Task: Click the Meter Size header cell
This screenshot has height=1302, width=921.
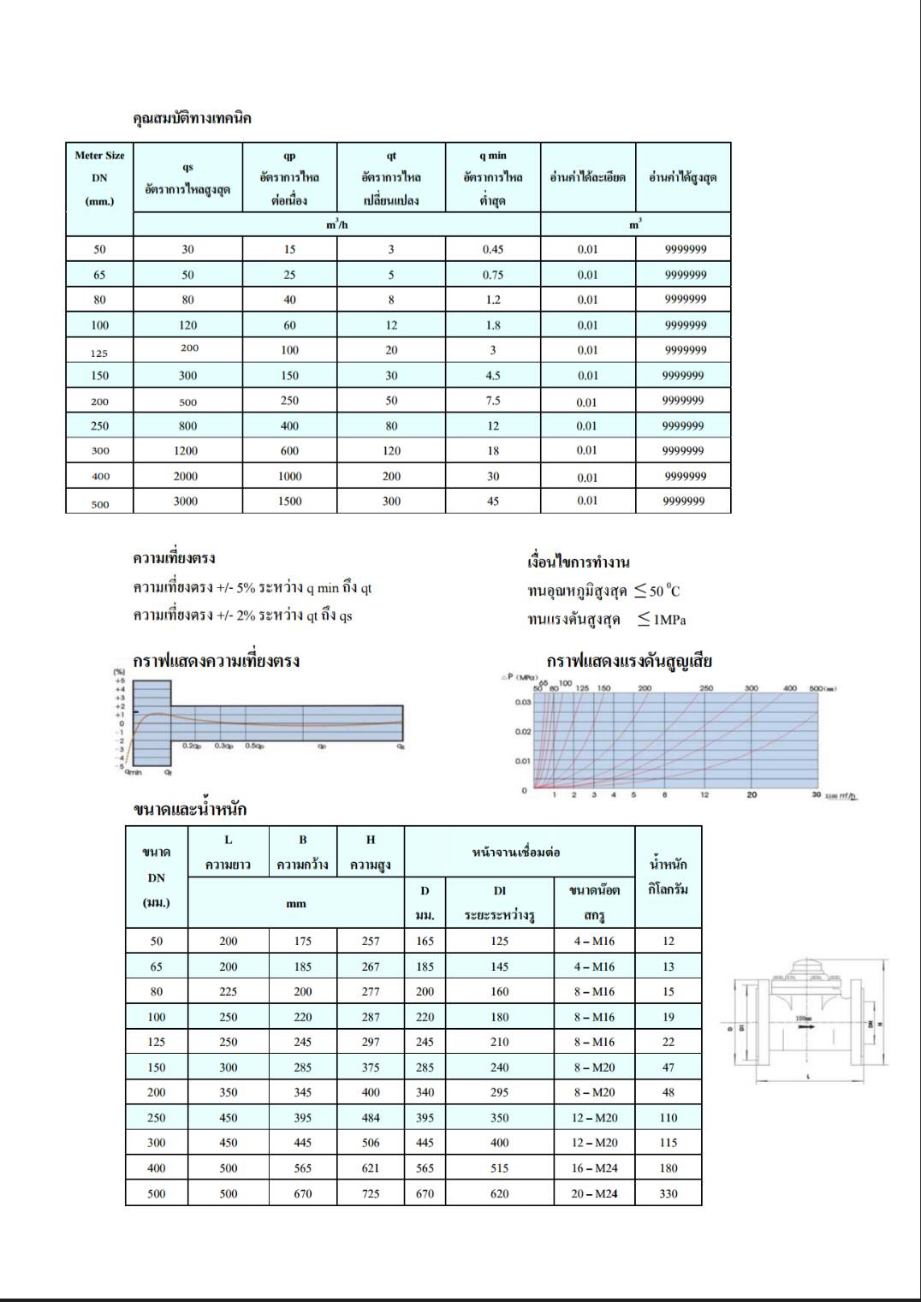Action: (99, 177)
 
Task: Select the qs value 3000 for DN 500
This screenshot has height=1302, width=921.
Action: (186, 501)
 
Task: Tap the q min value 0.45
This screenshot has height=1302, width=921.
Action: (492, 249)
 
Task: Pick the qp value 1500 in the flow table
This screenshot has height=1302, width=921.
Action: (289, 501)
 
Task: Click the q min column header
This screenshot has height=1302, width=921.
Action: (492, 177)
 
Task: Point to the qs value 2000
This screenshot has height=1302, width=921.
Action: (186, 476)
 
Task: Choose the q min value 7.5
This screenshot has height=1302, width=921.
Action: (492, 401)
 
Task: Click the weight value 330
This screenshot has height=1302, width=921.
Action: (668, 1193)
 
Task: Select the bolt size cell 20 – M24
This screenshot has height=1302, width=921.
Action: (594, 1193)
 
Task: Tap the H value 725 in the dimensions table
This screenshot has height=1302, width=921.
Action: (371, 1193)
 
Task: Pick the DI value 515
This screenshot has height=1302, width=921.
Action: (500, 1168)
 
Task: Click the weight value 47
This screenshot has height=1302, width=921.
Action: (668, 1067)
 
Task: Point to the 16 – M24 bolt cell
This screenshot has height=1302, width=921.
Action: (594, 1168)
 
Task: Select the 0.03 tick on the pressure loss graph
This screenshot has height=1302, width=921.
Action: (523, 702)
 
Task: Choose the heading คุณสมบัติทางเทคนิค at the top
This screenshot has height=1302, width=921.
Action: (192, 118)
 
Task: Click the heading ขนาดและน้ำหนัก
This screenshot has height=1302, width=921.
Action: (190, 809)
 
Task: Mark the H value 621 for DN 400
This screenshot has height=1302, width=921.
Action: (371, 1168)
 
